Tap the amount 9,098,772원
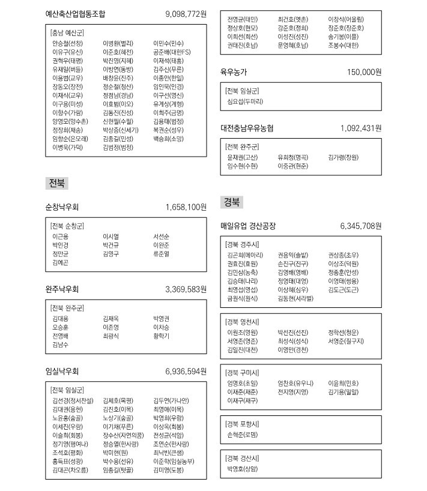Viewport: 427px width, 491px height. pos(186,14)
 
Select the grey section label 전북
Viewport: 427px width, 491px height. pos(57,182)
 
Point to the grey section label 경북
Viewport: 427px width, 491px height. pos(232,202)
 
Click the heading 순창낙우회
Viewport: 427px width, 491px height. pos(62,207)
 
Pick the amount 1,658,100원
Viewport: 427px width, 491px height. pos(186,207)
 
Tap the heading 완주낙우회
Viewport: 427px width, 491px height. pos(62,289)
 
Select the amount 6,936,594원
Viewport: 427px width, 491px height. pos(186,372)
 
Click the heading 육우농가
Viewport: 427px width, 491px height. pos(234,72)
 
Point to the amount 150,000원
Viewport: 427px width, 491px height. pos(364,72)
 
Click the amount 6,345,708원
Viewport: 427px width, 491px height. pos(360,226)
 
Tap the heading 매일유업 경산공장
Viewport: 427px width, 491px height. pos(248,226)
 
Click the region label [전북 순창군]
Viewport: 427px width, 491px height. pos(67,226)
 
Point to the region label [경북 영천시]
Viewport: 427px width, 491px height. pos(242,321)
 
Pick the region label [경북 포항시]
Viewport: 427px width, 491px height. pos(242,424)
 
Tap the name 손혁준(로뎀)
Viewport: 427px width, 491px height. pos(242,434)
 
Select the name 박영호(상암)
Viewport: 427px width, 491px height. pos(242,468)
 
